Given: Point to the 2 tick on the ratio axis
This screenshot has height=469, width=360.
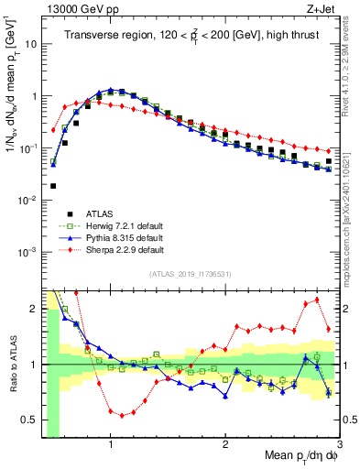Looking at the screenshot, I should pos(32,306).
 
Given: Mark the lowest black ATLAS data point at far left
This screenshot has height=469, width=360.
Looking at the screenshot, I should pos(53,186).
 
